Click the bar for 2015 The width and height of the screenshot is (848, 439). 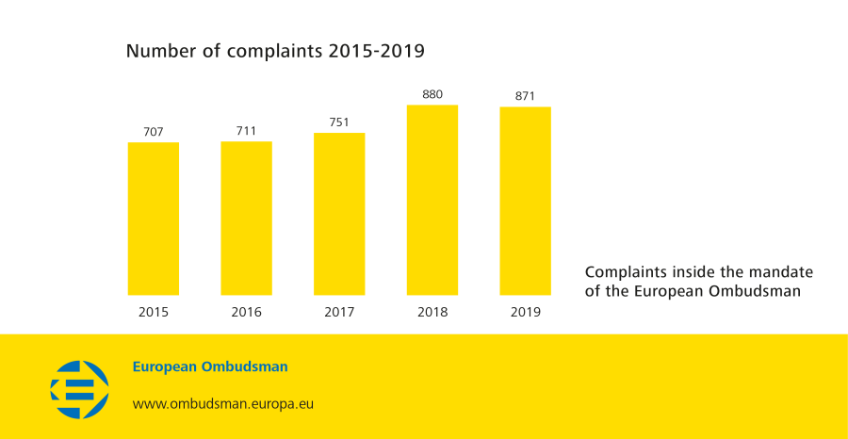click(x=153, y=219)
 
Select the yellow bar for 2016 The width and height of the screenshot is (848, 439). click(x=246, y=219)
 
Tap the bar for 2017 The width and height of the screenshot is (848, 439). click(x=339, y=214)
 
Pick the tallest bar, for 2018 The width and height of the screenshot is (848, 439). click(x=432, y=200)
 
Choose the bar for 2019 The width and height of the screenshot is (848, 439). click(x=525, y=201)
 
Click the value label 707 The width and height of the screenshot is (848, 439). click(x=153, y=131)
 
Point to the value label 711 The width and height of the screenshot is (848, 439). click(x=246, y=130)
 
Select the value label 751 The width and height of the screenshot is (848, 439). click(x=339, y=122)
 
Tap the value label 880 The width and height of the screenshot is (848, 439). click(x=432, y=93)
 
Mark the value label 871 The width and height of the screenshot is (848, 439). click(x=525, y=95)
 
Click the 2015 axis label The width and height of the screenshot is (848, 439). click(x=153, y=312)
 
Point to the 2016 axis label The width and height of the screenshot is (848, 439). click(x=246, y=312)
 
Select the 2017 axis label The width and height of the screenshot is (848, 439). click(x=339, y=312)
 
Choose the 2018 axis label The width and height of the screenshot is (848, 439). click(x=432, y=312)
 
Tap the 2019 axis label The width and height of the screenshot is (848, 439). click(x=525, y=312)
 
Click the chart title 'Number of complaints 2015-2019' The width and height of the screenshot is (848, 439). click(x=275, y=51)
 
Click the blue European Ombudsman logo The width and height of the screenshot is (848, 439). click(x=79, y=389)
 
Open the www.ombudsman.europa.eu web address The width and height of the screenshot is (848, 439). click(x=222, y=403)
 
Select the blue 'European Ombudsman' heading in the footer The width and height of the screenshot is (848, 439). click(x=210, y=366)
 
